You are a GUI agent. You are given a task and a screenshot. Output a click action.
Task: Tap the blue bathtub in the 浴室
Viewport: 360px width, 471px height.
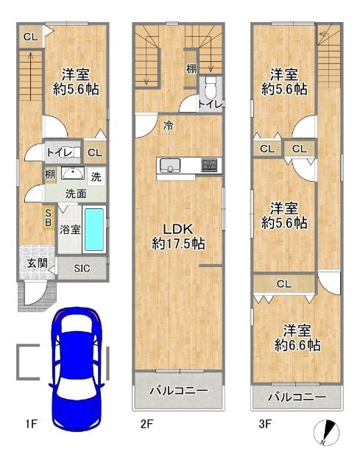94,229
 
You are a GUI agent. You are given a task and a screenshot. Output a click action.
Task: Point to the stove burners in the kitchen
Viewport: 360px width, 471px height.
210,165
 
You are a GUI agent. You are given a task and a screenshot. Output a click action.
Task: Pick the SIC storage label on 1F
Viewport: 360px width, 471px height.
81,269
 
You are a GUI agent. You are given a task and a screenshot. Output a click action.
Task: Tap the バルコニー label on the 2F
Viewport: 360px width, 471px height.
177,390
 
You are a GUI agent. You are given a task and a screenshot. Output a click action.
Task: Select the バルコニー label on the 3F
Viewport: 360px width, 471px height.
296,397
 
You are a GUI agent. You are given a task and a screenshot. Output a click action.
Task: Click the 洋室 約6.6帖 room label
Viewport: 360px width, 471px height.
297,336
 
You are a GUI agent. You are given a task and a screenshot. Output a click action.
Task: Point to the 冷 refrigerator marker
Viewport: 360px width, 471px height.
168,126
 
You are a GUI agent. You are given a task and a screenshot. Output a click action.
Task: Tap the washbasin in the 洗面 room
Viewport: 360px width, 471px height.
71,174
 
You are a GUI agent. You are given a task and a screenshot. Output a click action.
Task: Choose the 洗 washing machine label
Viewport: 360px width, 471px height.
96,177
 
